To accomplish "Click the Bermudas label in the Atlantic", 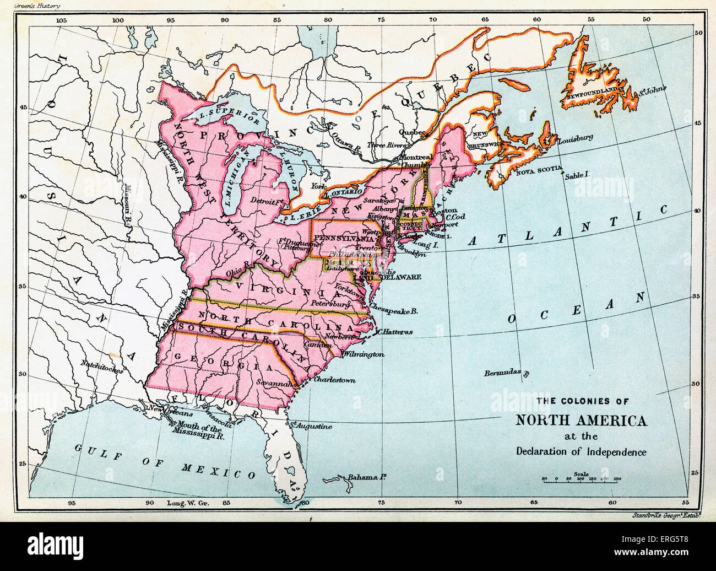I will [x=502, y=373].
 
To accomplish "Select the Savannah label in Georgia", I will [x=277, y=383].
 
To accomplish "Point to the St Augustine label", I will [x=312, y=426].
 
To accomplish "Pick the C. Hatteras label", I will [x=394, y=332].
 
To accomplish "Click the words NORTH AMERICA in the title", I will [x=581, y=421].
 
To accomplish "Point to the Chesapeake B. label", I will [x=394, y=310].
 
